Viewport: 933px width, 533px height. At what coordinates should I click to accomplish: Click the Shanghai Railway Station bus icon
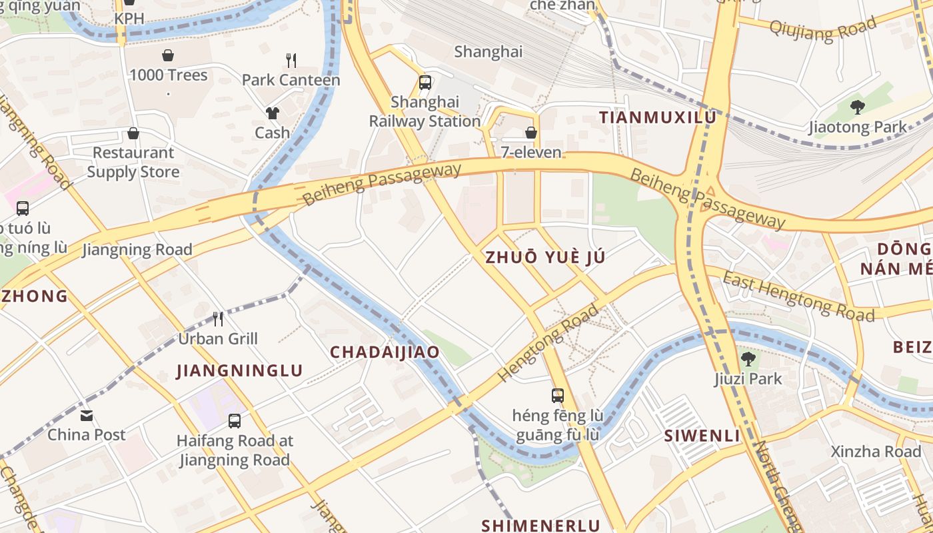[425, 83]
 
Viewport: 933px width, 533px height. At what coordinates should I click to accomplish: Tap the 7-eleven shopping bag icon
[531, 133]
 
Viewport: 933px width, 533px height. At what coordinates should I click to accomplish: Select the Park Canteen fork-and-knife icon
[291, 61]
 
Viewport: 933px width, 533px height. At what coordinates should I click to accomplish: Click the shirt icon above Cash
[272, 113]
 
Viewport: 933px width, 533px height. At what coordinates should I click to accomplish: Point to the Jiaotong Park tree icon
[858, 107]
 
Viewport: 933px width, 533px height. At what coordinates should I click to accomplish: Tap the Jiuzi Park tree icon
[748, 359]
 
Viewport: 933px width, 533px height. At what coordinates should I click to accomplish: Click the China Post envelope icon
[87, 416]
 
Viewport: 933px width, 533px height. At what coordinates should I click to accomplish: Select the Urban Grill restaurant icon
[218, 319]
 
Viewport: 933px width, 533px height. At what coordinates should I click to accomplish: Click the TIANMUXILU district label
[657, 118]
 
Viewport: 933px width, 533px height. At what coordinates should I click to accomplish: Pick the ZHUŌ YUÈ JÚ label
[545, 258]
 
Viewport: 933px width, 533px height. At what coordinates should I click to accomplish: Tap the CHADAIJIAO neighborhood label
[385, 352]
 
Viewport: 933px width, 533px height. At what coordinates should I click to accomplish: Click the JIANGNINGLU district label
[239, 371]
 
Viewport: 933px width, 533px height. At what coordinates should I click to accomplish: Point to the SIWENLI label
[702, 436]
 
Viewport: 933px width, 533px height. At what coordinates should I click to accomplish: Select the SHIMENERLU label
[540, 525]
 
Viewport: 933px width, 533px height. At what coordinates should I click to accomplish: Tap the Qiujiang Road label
[822, 30]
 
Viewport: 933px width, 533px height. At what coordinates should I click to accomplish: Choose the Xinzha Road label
[876, 452]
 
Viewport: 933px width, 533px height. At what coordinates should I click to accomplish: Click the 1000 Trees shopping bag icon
[168, 55]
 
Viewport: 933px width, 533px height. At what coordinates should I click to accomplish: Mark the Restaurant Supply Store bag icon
[133, 133]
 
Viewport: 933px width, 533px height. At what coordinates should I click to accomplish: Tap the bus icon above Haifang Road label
[235, 421]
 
